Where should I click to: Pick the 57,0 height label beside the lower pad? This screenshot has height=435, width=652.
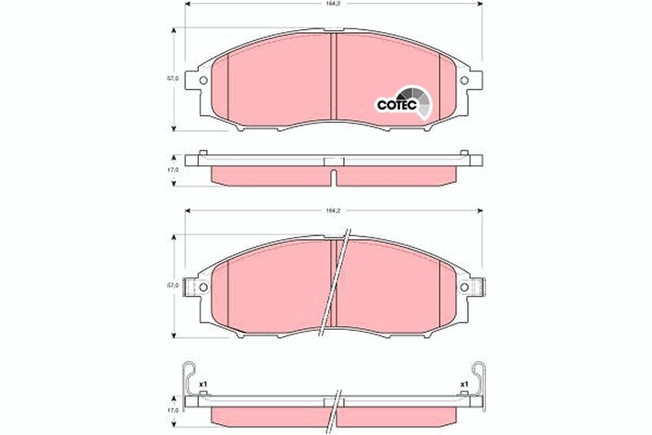click(x=172, y=285)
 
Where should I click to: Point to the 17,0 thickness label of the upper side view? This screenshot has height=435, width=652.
click(x=172, y=170)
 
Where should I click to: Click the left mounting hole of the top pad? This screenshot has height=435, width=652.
click(x=203, y=80)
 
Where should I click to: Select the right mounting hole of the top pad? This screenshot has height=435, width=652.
click(x=464, y=80)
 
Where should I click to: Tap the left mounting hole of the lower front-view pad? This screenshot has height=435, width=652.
click(x=203, y=287)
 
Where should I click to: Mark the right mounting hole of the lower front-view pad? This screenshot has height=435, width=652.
click(x=464, y=287)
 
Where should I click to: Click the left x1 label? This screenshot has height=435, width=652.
click(x=203, y=384)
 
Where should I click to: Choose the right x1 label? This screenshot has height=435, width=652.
click(x=464, y=384)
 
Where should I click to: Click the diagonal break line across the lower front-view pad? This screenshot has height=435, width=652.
click(x=335, y=283)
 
